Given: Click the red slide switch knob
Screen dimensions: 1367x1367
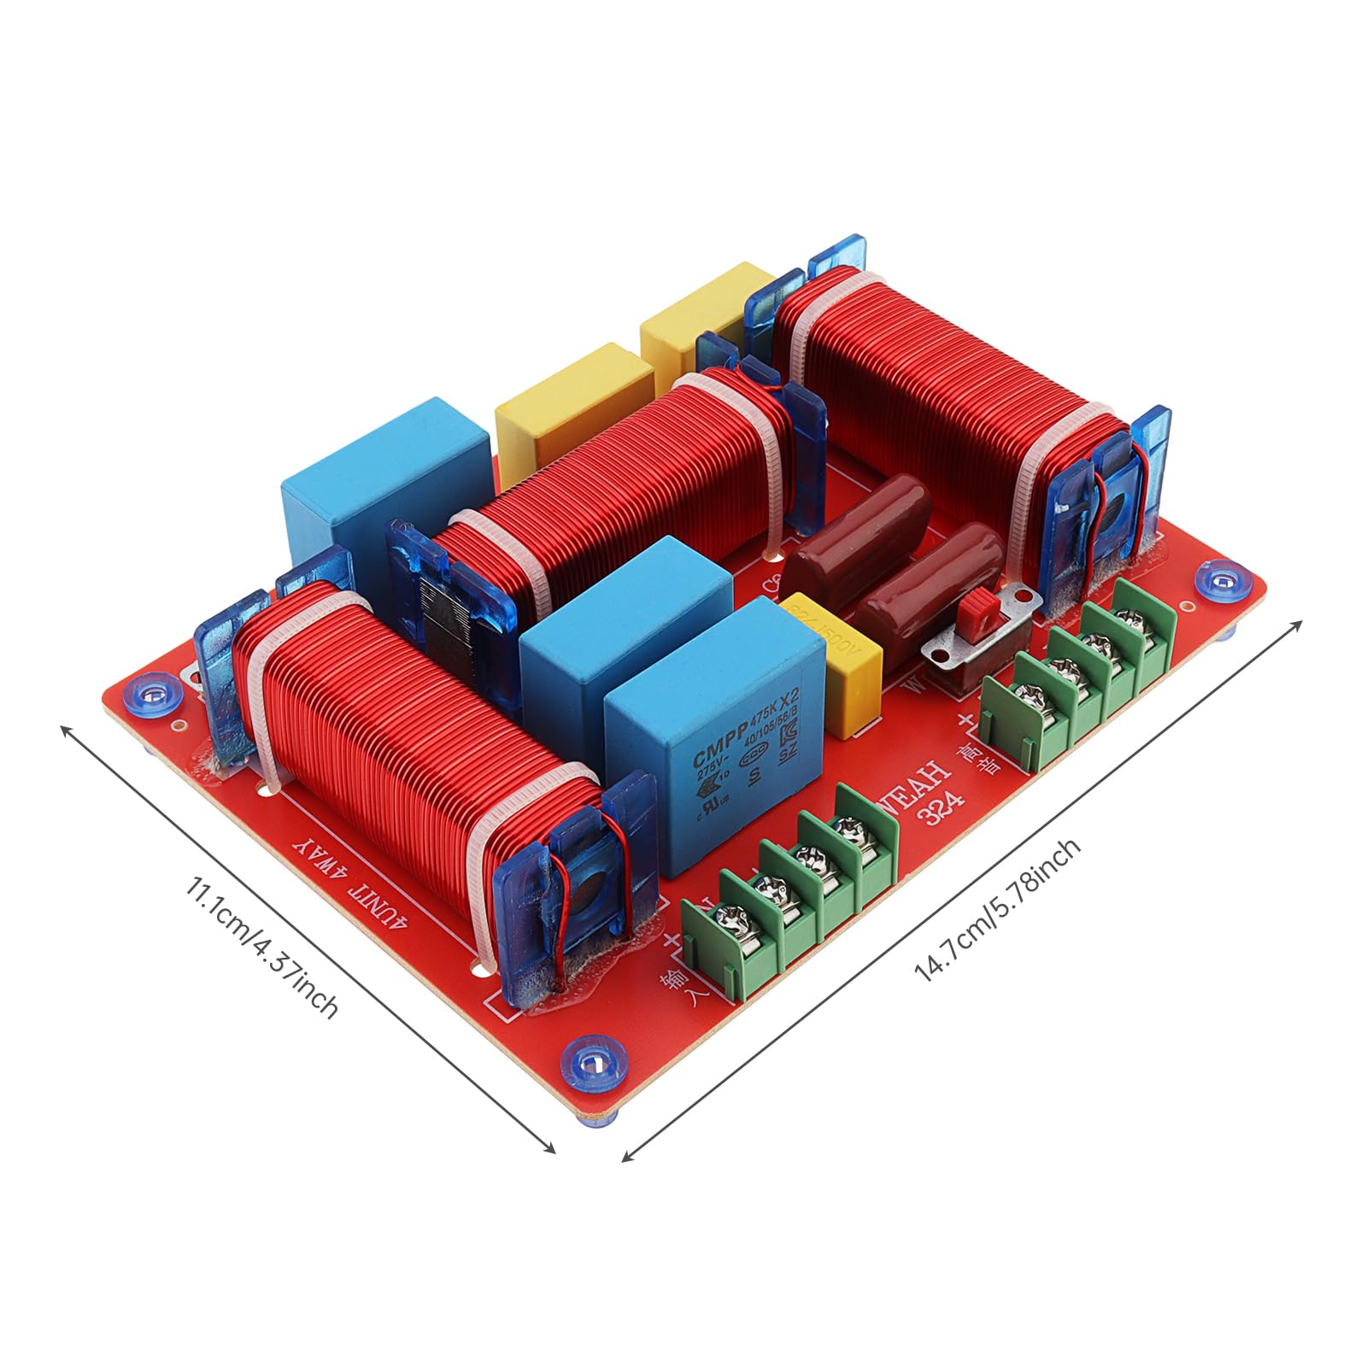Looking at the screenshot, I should point(976,612).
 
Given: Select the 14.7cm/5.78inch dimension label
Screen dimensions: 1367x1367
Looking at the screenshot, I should point(997,910).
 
